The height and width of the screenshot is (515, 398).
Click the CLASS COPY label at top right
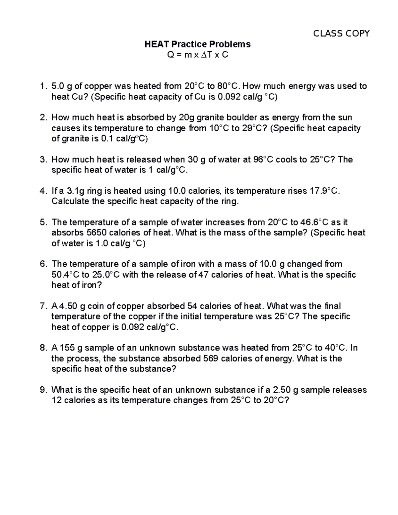[341, 33]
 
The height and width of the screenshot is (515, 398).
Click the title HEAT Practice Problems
[197, 44]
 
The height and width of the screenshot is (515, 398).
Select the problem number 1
[42, 86]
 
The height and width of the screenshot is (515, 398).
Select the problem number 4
[42, 191]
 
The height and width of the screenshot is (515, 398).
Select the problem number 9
[42, 390]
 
